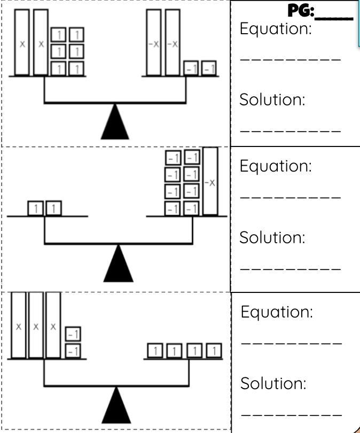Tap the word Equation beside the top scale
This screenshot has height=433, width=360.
tap(275, 29)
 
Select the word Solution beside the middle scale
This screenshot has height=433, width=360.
tap(272, 237)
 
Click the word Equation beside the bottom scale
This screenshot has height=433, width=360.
tap(276, 312)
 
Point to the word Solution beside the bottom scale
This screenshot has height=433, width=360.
tap(273, 383)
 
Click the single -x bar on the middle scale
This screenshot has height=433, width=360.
tap(210, 182)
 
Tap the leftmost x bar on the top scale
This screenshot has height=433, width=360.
tap(22, 43)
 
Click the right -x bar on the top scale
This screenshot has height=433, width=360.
tap(172, 43)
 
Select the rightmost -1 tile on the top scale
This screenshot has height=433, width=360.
tap(209, 68)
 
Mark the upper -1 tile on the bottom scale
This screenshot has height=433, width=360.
tap(73, 335)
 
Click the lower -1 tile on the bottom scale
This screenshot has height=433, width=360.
tap(73, 351)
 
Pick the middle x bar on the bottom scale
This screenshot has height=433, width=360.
tap(36, 325)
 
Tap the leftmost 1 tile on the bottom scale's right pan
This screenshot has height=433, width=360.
tap(155, 351)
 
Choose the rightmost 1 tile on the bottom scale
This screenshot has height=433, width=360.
tap(214, 351)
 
